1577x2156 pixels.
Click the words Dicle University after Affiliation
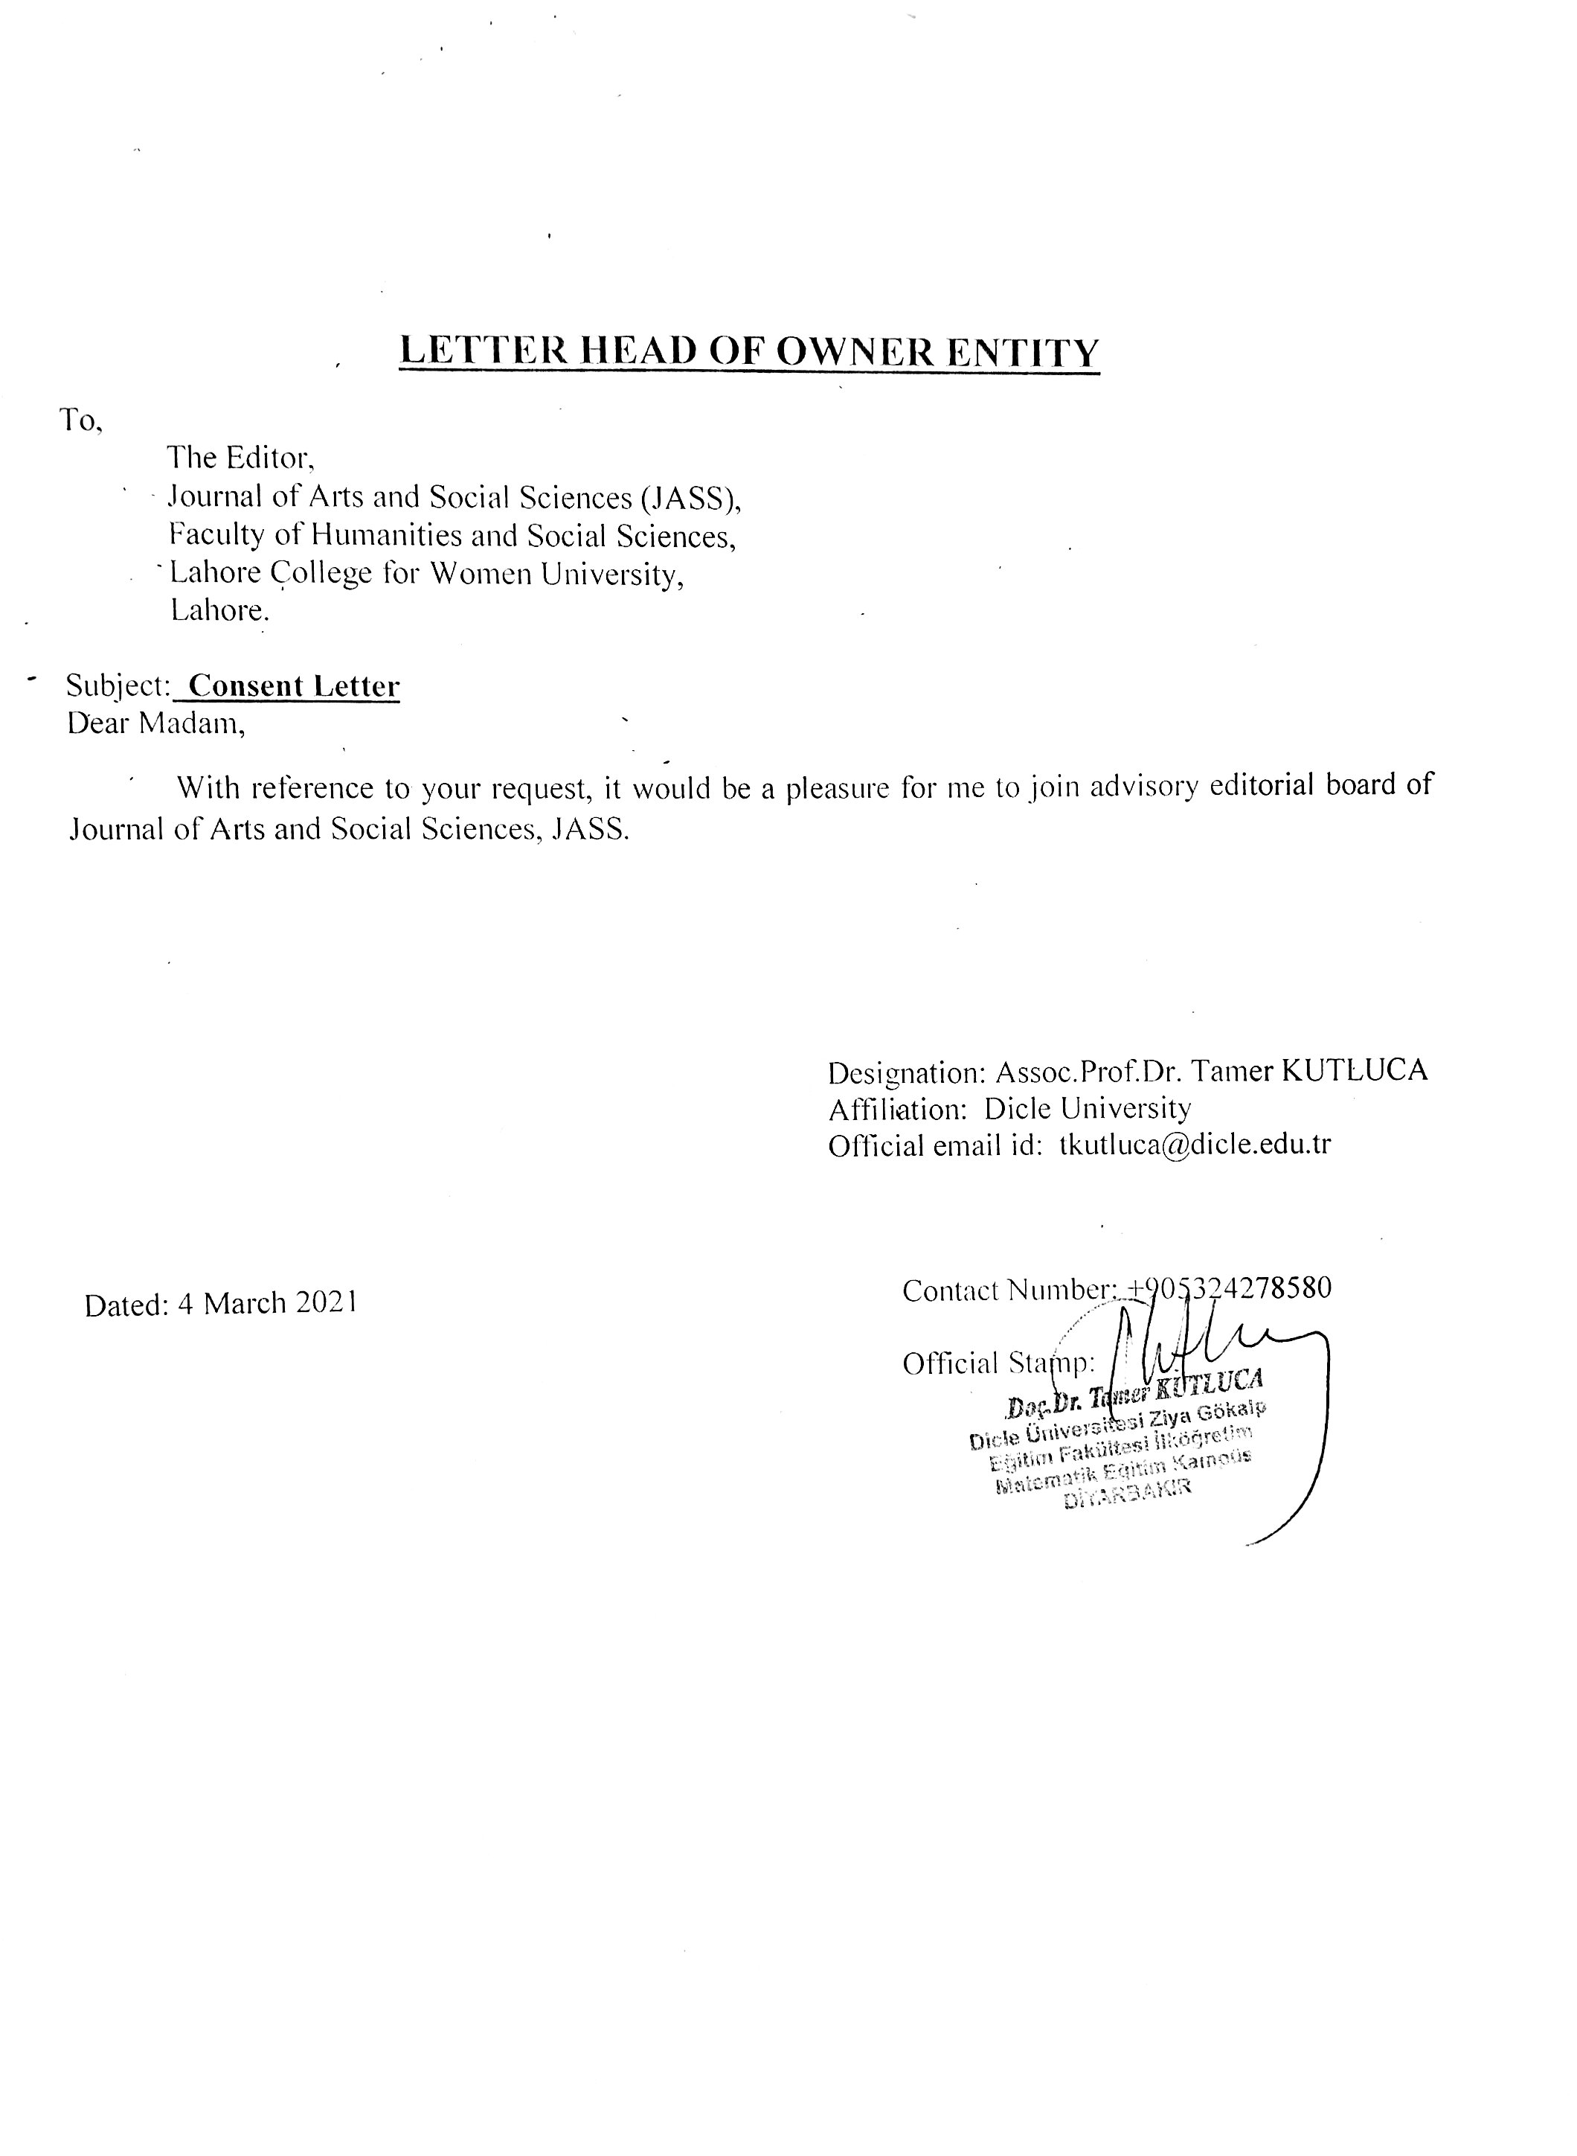[x=1088, y=1109]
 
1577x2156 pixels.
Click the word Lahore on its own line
[x=219, y=610]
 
